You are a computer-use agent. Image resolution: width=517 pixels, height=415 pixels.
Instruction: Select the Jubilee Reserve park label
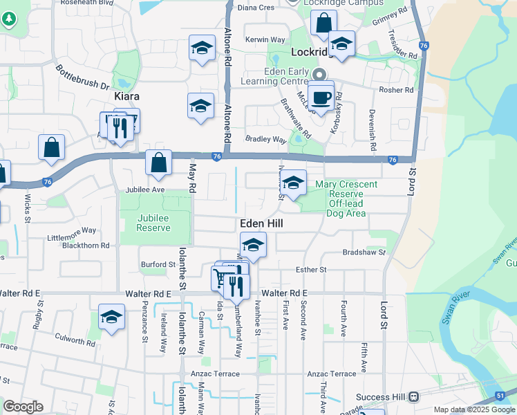(x=153, y=223)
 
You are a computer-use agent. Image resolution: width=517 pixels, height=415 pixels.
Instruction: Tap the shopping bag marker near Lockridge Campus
(x=323, y=23)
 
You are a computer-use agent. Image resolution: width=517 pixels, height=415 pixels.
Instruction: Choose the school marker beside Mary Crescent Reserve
(x=293, y=184)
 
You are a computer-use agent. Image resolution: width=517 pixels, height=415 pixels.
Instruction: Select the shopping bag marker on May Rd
(x=158, y=163)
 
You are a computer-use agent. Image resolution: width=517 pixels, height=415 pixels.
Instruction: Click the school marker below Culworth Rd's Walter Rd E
(x=111, y=317)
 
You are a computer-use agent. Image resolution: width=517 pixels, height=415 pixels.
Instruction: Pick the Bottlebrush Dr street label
(x=83, y=77)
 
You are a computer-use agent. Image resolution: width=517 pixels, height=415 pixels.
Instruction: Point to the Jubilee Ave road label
(x=145, y=190)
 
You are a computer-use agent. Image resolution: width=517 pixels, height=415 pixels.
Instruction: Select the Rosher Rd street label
(x=396, y=90)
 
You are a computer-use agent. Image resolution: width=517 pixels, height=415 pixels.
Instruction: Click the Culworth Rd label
(x=75, y=342)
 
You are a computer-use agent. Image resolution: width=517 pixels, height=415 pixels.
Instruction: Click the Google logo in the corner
(x=23, y=407)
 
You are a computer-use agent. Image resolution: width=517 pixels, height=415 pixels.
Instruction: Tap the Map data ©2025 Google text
(x=474, y=409)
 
